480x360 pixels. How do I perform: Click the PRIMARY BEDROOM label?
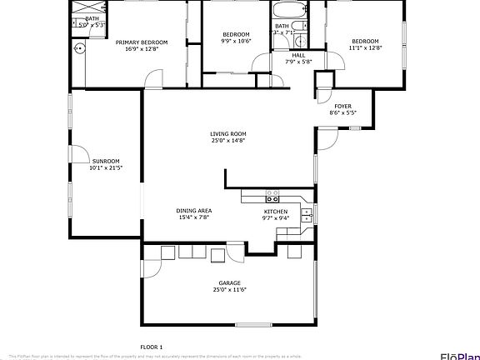click(x=142, y=42)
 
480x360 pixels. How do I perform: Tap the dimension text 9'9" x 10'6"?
click(x=236, y=41)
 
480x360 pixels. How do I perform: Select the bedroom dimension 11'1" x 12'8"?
click(x=365, y=48)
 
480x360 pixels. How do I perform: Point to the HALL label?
click(x=298, y=55)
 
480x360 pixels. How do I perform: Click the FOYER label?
click(x=343, y=106)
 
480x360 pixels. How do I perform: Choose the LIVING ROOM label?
click(x=228, y=133)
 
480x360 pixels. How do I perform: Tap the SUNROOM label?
click(x=106, y=161)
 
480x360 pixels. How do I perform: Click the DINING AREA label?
click(x=193, y=211)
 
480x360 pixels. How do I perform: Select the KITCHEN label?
click(x=276, y=212)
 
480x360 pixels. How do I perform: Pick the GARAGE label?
click(x=229, y=282)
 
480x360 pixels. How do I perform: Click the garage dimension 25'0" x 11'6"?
click(x=229, y=289)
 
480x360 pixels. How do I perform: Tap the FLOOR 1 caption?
click(x=151, y=346)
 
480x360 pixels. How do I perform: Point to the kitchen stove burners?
click(x=272, y=196)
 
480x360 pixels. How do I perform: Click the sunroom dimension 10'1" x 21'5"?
click(x=106, y=167)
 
